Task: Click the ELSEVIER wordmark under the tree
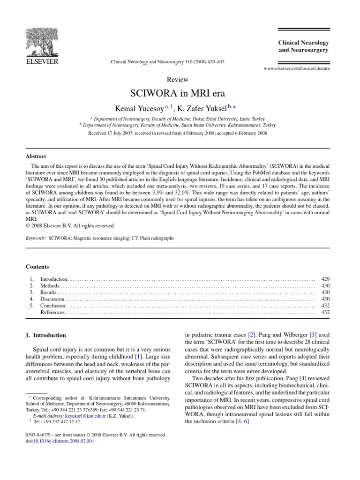41,61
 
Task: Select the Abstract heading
36,157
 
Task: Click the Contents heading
37,267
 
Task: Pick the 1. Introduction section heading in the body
46,336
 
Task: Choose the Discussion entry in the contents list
52,299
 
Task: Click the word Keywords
36,238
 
